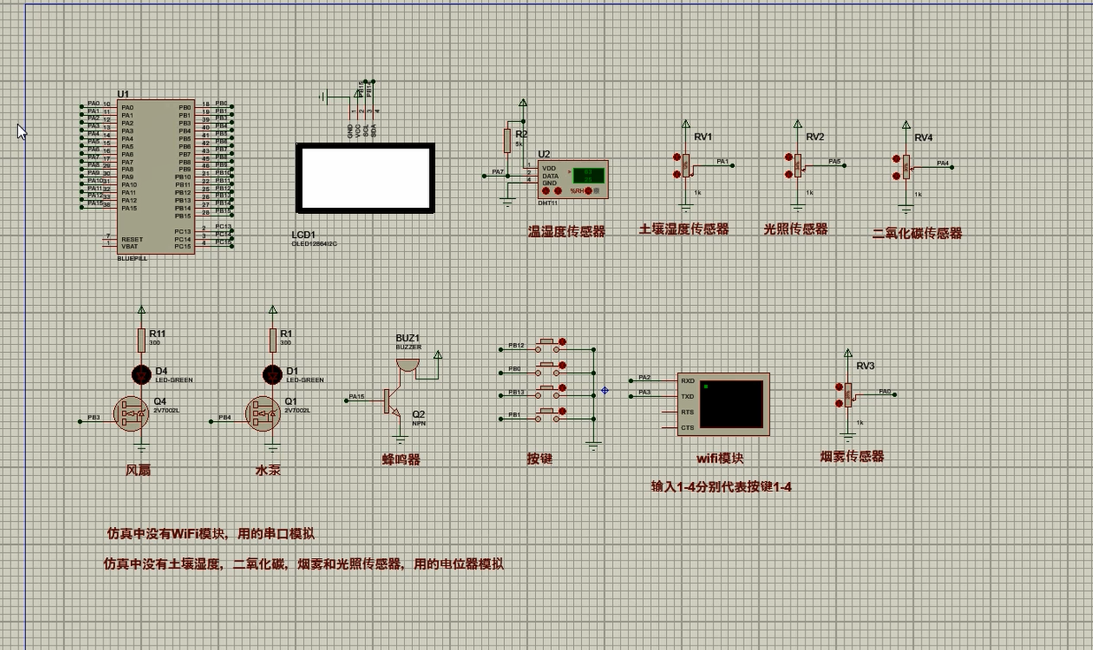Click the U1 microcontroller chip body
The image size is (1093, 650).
tap(155, 177)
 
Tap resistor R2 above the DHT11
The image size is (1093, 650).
tap(508, 141)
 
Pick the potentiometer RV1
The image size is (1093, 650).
tap(685, 164)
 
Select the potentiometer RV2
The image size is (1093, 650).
tap(798, 164)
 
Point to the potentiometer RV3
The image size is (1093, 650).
tap(848, 394)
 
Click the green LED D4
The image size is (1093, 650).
tap(141, 374)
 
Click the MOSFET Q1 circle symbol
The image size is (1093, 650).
tap(264, 414)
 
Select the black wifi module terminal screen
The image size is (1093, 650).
tap(730, 402)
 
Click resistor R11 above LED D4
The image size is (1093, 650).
tap(141, 340)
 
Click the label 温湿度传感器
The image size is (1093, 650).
tap(566, 232)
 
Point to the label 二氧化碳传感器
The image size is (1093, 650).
tap(916, 233)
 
